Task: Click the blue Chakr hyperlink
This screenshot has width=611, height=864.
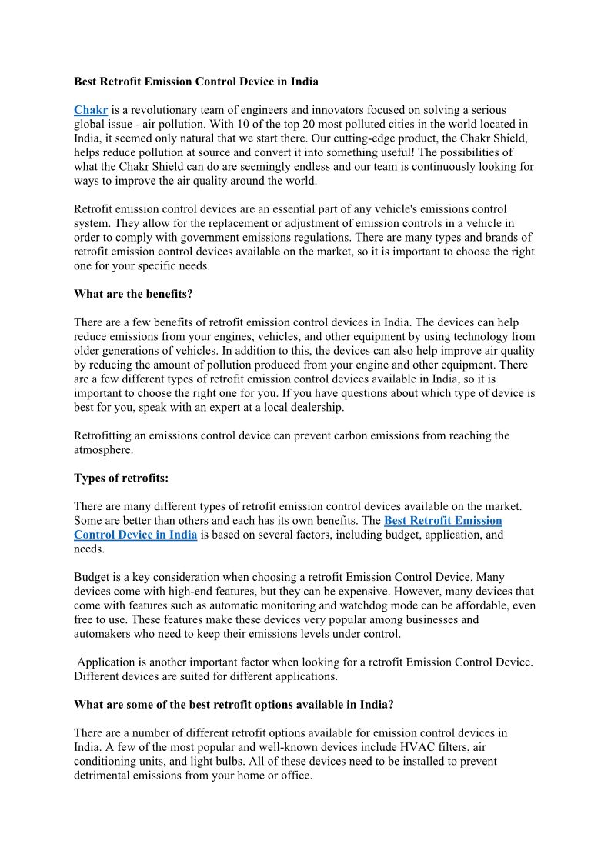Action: (91, 111)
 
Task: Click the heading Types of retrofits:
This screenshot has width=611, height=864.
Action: (121, 478)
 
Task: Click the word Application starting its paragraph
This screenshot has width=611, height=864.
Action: (107, 662)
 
